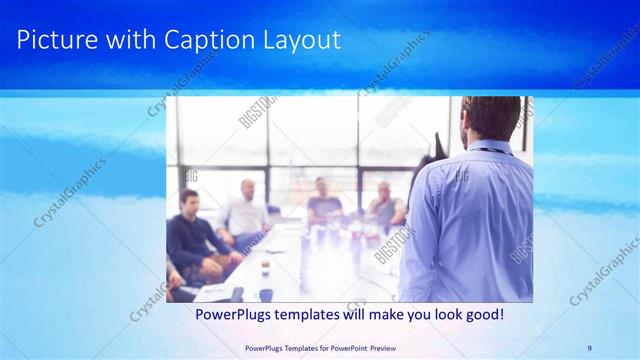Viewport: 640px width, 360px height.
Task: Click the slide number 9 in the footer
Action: (x=589, y=347)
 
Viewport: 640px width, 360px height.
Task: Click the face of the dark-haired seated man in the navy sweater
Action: (x=188, y=201)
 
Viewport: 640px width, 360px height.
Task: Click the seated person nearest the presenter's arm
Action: (x=386, y=205)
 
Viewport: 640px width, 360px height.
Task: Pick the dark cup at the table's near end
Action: (x=266, y=294)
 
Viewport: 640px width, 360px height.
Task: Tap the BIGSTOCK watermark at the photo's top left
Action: (x=257, y=113)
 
